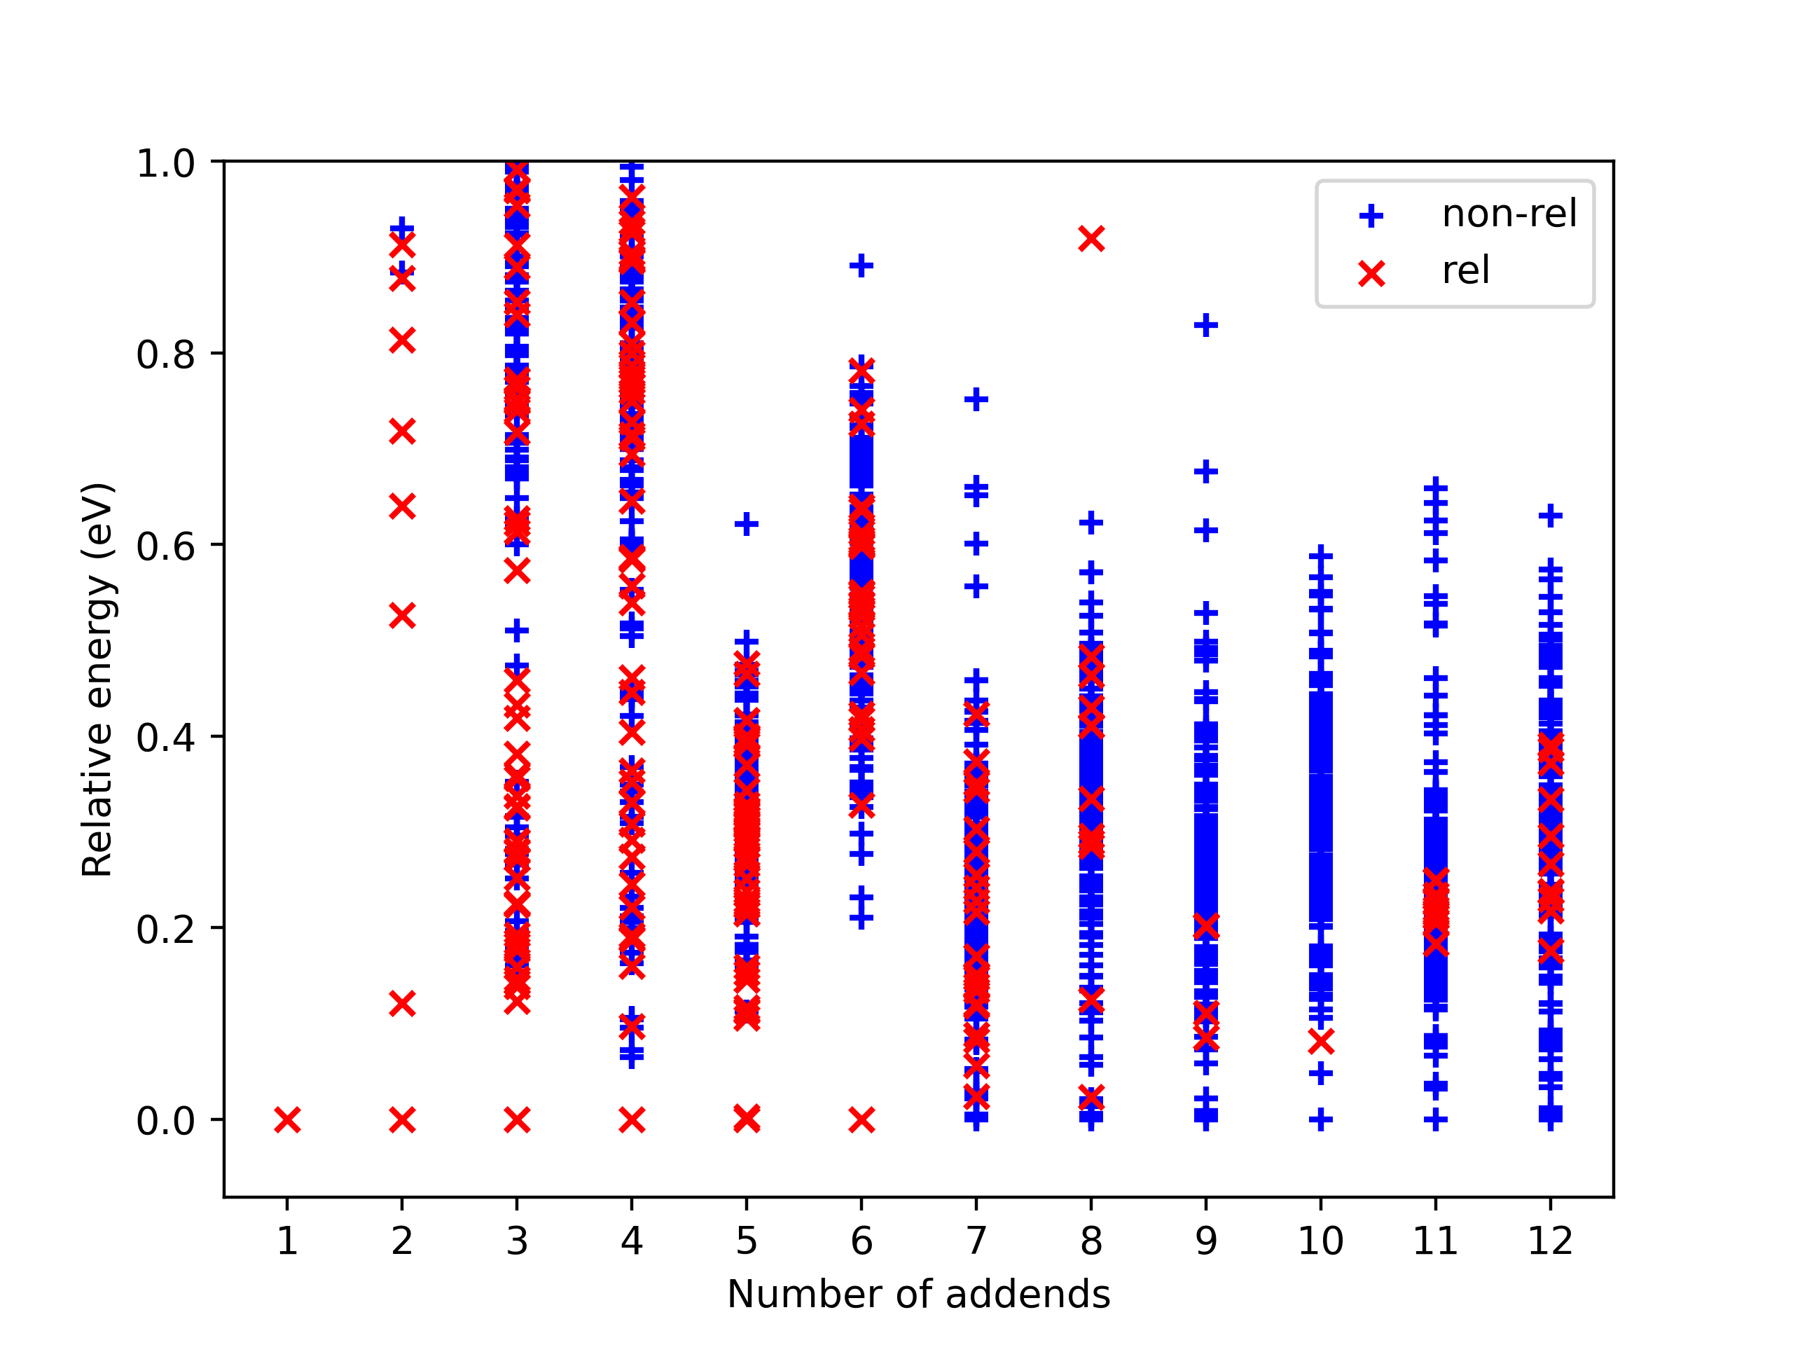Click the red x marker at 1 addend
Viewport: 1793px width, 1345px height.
(x=287, y=1119)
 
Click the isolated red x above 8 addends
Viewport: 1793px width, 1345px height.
(x=1091, y=238)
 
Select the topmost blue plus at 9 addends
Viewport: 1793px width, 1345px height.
(x=1206, y=325)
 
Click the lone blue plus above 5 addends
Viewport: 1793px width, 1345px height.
(x=747, y=524)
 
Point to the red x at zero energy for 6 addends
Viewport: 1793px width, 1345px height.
(x=861, y=1119)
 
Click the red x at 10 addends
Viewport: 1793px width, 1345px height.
(x=1320, y=1042)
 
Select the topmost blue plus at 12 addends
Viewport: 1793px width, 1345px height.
(x=1551, y=516)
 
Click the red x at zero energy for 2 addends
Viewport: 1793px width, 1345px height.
(x=402, y=1119)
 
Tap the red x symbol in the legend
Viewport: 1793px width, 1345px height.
(x=1371, y=273)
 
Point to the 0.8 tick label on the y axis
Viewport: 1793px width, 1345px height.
(x=166, y=354)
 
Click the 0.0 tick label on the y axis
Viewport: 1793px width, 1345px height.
(x=166, y=1120)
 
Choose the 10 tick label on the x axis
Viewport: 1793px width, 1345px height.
(x=1320, y=1241)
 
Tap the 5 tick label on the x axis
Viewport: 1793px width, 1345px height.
(x=747, y=1241)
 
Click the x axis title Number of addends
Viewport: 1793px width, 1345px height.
(x=918, y=1294)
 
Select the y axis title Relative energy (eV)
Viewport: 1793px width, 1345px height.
(x=99, y=680)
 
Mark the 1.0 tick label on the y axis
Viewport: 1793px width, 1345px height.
(x=166, y=163)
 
